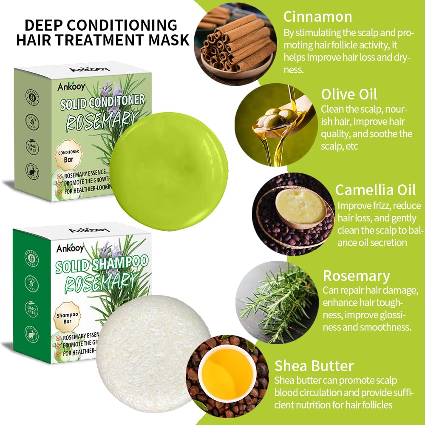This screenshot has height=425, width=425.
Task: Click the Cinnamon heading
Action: pos(317,17)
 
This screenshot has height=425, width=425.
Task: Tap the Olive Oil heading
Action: pos(349,94)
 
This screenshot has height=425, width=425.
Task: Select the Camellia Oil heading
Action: pos(375,190)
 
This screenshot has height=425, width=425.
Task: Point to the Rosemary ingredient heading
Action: pos(356,276)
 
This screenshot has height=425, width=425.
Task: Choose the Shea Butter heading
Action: pos(314,365)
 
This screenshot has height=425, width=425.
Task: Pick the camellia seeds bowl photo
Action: pos(293,213)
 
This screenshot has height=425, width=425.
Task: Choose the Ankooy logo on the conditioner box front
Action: pos(71,86)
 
